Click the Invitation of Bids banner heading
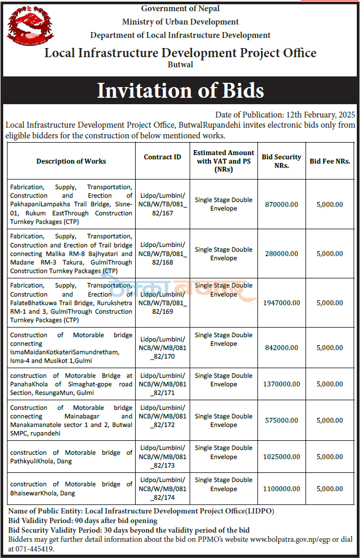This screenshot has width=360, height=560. pyautogui.click(x=180, y=90)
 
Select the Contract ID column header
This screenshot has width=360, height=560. pyautogui.click(x=162, y=157)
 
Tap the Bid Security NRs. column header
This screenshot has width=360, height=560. pyautogui.click(x=281, y=161)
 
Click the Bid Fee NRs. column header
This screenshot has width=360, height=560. pyautogui.click(x=330, y=161)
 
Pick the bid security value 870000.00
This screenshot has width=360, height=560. pyautogui.click(x=281, y=205)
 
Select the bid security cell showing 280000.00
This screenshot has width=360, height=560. pyautogui.click(x=281, y=254)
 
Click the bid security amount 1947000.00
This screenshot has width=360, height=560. pyautogui.click(x=281, y=303)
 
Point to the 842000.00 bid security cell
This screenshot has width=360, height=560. pyautogui.click(x=281, y=348)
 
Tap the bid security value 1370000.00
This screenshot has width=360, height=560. pyautogui.click(x=281, y=384)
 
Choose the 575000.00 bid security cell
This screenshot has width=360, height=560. pyautogui.click(x=281, y=421)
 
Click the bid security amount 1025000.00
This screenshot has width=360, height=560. pyautogui.click(x=281, y=457)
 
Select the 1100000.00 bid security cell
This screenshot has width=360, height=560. pyautogui.click(x=281, y=489)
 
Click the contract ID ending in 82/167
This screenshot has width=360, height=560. pyautogui.click(x=162, y=205)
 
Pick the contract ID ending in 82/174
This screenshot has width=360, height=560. pyautogui.click(x=162, y=489)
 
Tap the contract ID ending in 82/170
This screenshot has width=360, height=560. pyautogui.click(x=162, y=348)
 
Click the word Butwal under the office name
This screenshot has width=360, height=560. pyautogui.click(x=180, y=65)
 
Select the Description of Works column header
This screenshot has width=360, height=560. pyautogui.click(x=71, y=161)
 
